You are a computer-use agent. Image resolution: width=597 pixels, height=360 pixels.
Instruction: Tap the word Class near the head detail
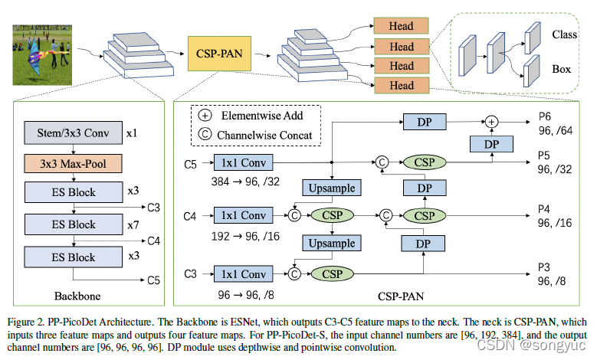(563, 34)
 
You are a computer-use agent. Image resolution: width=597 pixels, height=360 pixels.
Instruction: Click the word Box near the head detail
(561, 69)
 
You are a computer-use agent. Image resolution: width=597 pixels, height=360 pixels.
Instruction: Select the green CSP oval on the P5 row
(423, 162)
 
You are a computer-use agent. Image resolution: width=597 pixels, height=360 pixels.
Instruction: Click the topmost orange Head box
(402, 27)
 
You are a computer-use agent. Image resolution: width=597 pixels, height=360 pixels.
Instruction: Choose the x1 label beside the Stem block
(131, 133)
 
